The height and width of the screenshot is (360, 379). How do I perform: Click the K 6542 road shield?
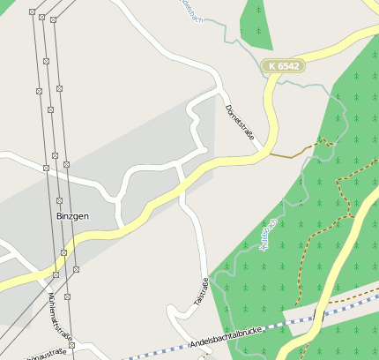click(x=284, y=65)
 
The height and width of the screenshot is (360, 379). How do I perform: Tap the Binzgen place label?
click(x=72, y=215)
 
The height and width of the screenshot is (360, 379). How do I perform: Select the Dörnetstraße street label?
click(x=240, y=122)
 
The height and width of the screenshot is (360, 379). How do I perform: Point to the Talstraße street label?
click(x=202, y=293)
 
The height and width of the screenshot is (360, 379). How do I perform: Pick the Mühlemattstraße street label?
click(x=61, y=313)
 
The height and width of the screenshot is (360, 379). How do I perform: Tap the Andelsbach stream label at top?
click(x=191, y=11)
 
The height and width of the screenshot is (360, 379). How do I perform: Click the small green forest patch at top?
click(x=256, y=22)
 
